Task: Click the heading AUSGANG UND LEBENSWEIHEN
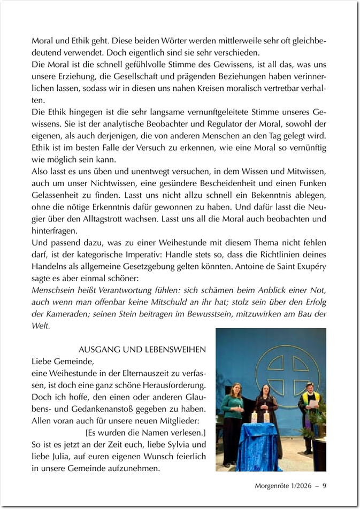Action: (142, 350)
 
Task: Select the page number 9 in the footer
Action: (324, 486)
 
